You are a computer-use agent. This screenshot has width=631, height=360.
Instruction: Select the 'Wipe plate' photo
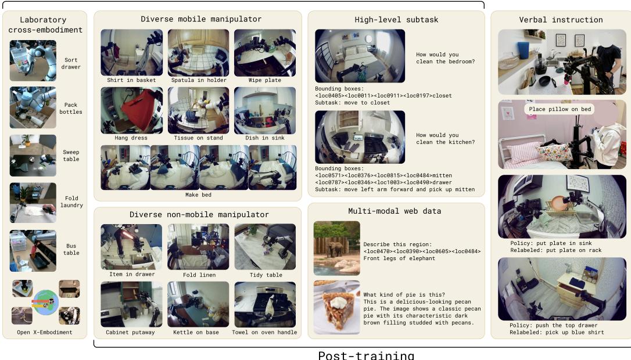tap(265, 53)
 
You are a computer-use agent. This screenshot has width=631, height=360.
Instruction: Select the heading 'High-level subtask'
tap(396, 20)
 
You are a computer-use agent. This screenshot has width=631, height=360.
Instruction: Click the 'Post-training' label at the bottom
tap(365, 355)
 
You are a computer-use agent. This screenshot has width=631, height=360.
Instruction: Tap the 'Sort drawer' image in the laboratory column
tap(33, 60)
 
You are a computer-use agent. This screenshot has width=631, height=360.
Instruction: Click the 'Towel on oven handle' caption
tap(264, 333)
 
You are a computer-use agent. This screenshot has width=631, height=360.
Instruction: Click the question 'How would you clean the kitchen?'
tap(445, 139)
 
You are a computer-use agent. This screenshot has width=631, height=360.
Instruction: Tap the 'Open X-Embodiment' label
tap(45, 333)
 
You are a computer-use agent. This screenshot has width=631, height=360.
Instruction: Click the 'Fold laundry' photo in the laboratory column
tap(33, 203)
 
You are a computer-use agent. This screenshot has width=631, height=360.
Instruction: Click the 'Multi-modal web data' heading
tap(396, 210)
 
